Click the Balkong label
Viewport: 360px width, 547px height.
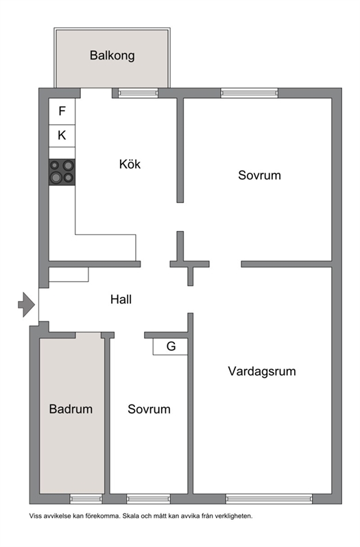(112, 56)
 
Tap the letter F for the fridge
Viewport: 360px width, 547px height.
(62, 111)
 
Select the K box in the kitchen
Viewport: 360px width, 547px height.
(62, 136)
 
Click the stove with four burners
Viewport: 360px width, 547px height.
(62, 172)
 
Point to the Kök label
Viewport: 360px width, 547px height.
(130, 164)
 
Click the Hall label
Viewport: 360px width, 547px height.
(121, 300)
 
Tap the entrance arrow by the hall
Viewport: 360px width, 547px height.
(27, 304)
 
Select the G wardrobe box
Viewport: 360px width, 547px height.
(170, 346)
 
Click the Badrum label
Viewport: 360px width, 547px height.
(71, 409)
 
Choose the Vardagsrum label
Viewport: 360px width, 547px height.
(262, 372)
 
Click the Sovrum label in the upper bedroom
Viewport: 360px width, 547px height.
(259, 175)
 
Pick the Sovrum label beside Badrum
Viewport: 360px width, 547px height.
(149, 409)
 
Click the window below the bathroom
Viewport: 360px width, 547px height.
(86, 499)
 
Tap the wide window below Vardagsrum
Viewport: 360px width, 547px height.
(269, 499)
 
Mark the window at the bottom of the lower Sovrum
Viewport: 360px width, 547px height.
(149, 499)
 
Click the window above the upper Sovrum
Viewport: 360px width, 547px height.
(250, 93)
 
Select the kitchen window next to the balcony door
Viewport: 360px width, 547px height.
(138, 93)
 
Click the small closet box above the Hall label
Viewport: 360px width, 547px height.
(69, 275)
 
